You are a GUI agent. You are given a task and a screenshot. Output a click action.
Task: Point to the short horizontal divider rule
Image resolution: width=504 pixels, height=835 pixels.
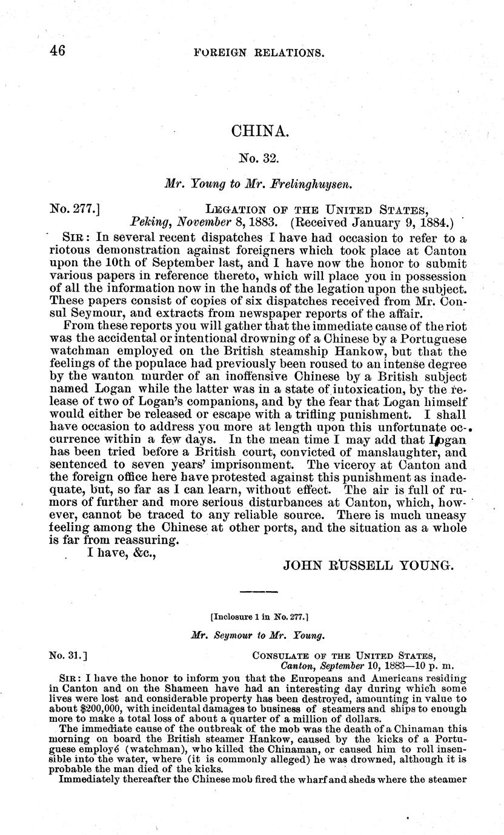coord(259,591)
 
